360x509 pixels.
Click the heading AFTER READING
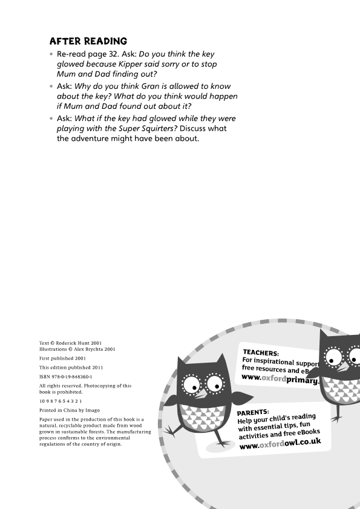coord(88,41)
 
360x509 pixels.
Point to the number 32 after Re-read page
coord(119,53)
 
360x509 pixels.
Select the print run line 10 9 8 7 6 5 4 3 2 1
coord(61,401)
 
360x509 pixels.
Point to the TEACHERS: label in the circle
coord(261,352)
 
